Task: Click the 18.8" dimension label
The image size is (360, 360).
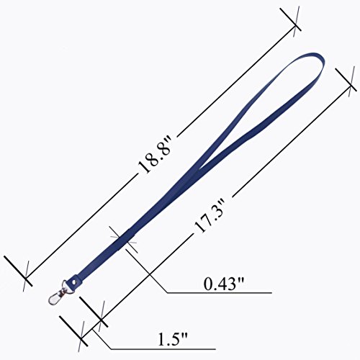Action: [x=154, y=154]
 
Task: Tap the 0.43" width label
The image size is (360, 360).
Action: [x=223, y=284]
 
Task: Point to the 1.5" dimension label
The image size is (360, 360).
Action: [x=172, y=339]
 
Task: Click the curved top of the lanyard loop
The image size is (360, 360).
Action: [x=317, y=58]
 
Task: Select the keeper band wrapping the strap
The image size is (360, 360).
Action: [x=125, y=239]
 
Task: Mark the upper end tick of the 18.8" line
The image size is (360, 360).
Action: [x=290, y=19]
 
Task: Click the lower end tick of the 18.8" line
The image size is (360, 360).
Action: [x=18, y=271]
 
